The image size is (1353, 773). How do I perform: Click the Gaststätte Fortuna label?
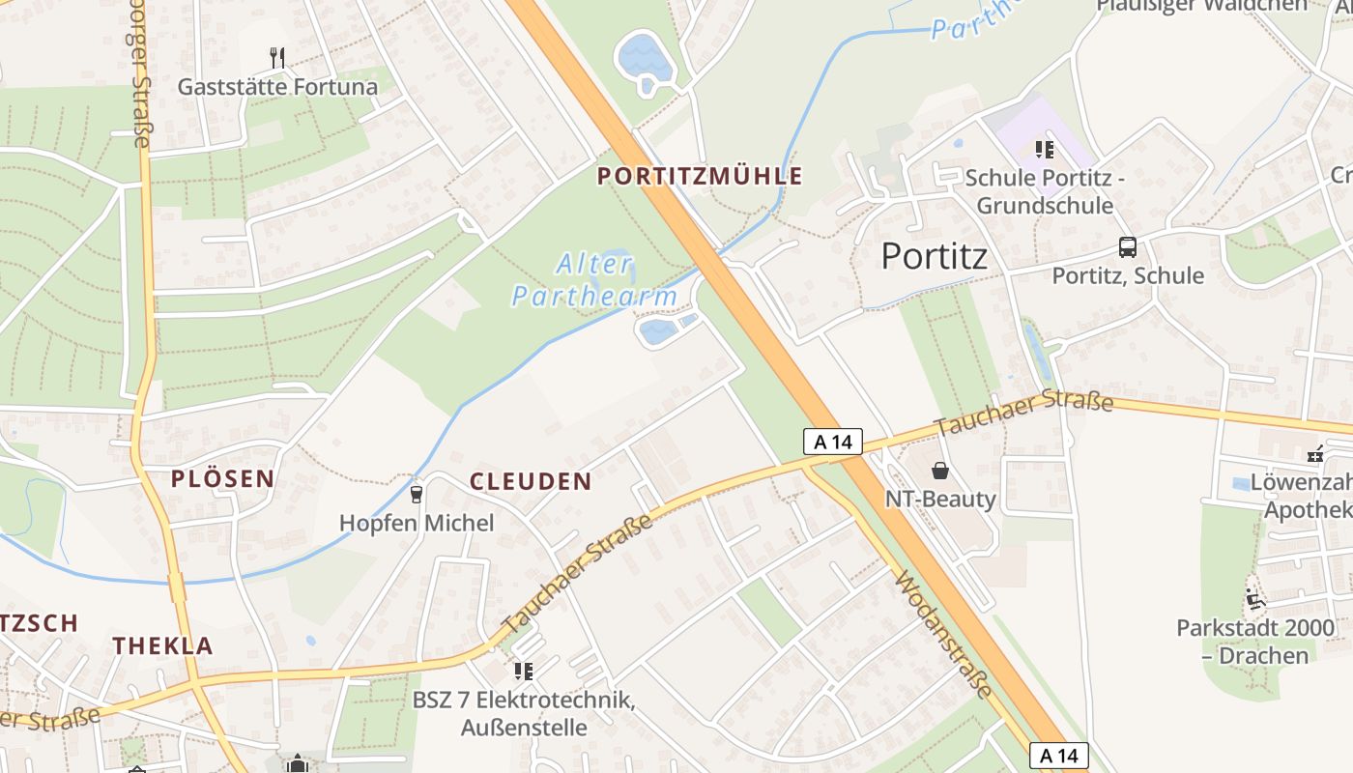pos(277,87)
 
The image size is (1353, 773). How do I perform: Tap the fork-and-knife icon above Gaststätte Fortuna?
pos(277,57)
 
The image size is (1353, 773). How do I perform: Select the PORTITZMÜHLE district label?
pos(700,176)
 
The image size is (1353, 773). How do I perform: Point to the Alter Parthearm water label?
pos(594,280)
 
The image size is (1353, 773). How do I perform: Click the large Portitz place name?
pos(935,256)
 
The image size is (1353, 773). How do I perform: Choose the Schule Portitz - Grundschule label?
pos(1044,191)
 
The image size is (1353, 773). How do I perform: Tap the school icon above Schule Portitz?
pos(1044,150)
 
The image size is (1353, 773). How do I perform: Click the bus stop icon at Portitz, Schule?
pos(1127,246)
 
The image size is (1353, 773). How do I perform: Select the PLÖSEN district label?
pos(223,478)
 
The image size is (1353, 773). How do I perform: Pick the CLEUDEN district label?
pos(531,481)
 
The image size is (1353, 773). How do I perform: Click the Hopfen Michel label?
pos(416,523)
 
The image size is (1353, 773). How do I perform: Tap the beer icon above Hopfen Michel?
pos(417,494)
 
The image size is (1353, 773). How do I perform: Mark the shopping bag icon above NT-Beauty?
pos(939,471)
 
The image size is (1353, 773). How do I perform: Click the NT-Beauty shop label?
pos(940,499)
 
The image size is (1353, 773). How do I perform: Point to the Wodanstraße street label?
pos(943,634)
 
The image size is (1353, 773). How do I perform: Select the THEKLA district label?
pos(162,645)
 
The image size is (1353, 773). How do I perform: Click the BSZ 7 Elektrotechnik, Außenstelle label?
pos(524,713)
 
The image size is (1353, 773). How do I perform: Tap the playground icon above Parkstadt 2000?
pos(1254,599)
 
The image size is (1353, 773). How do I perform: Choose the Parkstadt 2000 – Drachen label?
pos(1255,642)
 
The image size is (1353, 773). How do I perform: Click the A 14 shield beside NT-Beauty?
pos(832,442)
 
